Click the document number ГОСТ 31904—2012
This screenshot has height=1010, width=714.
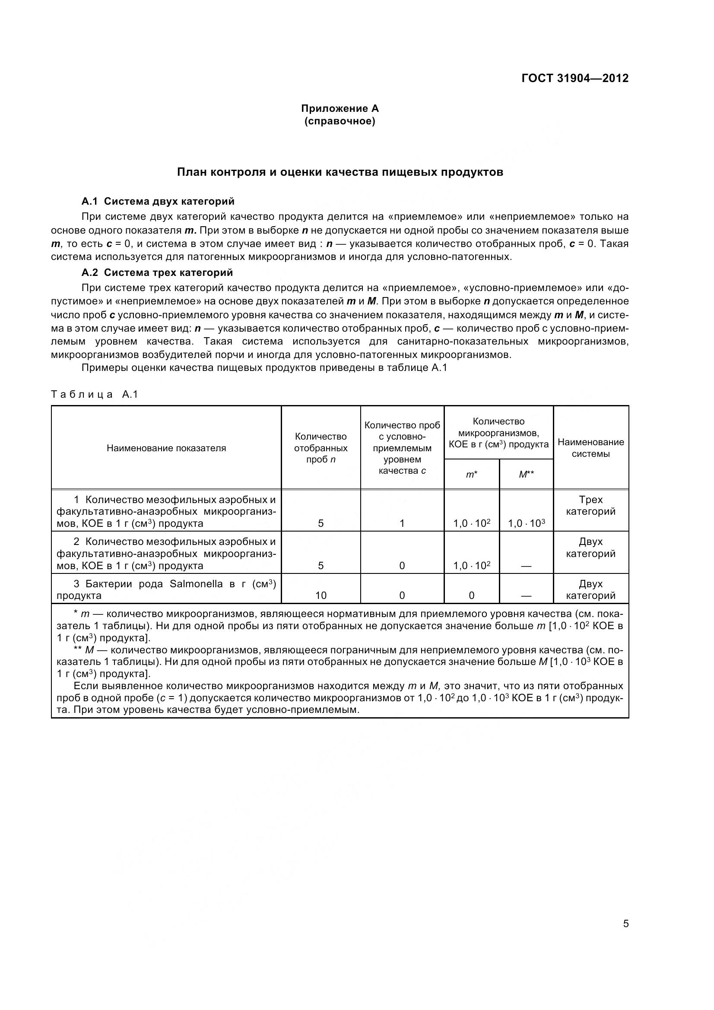click(574, 78)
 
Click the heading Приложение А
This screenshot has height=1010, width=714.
click(340, 108)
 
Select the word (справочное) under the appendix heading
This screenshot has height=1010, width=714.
click(340, 121)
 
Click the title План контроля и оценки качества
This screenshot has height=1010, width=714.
click(340, 172)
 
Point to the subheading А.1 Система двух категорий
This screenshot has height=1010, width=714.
click(158, 202)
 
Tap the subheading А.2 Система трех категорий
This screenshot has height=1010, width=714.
click(157, 272)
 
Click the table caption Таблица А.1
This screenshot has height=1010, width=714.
click(95, 394)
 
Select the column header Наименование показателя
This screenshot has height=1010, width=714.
click(166, 448)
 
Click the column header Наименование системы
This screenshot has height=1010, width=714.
click(590, 448)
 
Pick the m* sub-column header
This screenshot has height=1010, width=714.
click(472, 474)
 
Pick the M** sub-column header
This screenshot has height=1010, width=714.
click(526, 474)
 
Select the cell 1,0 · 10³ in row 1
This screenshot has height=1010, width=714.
click(526, 523)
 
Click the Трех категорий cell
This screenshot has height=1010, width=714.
click(590, 506)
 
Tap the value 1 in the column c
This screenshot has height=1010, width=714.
click(402, 523)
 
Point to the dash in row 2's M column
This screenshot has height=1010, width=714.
click(526, 566)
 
